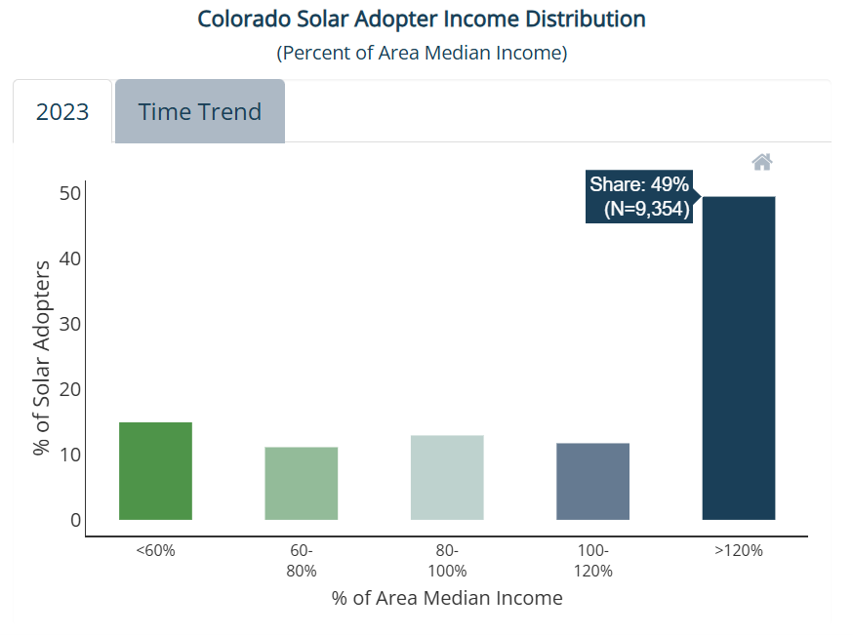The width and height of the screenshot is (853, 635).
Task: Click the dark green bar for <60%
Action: (155, 471)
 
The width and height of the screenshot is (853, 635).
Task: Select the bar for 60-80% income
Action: (302, 483)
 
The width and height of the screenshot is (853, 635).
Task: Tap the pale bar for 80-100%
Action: (447, 477)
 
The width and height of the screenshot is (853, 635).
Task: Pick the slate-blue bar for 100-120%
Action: (593, 481)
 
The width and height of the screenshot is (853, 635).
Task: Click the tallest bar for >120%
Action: (739, 358)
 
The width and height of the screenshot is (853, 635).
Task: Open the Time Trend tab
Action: (200, 111)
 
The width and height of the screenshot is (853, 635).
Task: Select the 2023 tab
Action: (62, 111)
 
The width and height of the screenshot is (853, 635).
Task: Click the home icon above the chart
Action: (762, 162)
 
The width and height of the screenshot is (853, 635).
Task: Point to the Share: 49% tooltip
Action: (640, 196)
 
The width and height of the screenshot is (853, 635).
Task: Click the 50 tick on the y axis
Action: (70, 193)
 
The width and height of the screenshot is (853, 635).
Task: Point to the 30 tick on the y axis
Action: (70, 324)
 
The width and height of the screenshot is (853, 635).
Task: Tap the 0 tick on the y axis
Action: (75, 520)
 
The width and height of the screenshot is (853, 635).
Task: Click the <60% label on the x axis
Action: (155, 551)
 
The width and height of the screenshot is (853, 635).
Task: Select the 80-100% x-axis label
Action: (447, 561)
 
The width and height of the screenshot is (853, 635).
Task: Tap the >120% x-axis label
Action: (739, 551)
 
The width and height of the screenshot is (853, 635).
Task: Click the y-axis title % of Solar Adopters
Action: (41, 358)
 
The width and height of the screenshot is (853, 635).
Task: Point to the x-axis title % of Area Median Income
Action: (447, 598)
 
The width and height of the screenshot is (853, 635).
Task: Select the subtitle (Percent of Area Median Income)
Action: (423, 53)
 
